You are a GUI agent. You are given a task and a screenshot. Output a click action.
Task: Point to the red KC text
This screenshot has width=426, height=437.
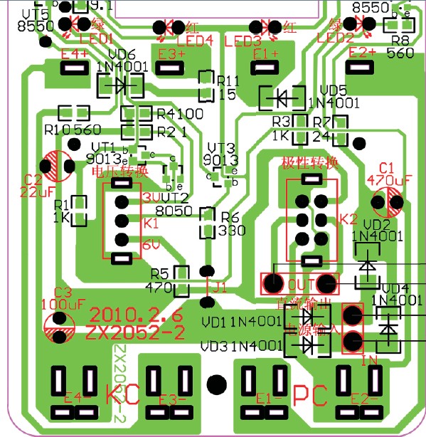122,394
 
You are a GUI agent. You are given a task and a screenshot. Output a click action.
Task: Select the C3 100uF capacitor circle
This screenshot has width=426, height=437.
60,325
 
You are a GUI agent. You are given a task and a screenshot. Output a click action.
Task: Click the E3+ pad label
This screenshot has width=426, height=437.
171,53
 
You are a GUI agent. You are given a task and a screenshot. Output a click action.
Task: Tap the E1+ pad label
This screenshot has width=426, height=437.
265,53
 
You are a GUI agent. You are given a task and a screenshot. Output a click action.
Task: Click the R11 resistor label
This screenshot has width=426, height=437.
228,80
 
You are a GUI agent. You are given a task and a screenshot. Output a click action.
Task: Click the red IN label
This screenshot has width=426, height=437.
369,361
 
